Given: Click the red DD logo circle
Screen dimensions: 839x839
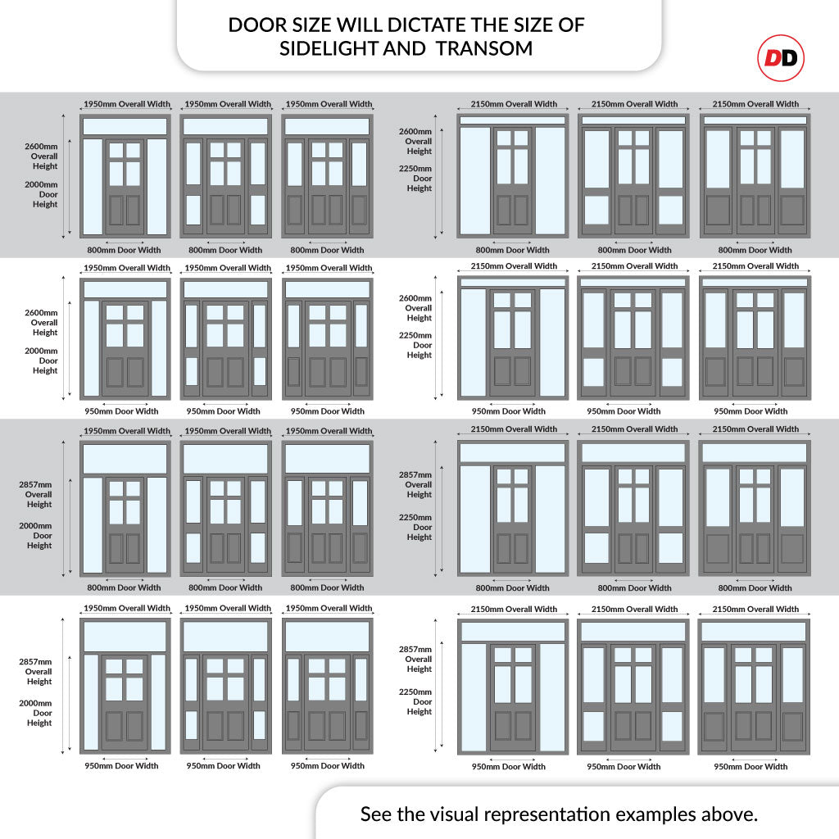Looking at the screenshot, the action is [781, 58].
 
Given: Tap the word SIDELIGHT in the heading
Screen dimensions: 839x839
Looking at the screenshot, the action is [329, 48].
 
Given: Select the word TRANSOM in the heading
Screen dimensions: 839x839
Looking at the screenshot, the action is [484, 48].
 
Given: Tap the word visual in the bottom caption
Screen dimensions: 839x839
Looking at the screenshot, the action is [447, 814].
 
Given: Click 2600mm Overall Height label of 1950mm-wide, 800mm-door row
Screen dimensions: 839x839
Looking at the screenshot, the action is [42, 156].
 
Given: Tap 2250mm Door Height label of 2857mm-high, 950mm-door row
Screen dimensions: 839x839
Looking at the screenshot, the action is [415, 701].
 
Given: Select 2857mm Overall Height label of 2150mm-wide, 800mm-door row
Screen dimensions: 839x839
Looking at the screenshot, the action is [415, 484].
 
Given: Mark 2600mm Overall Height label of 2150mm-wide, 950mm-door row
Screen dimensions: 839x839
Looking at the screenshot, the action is [415, 308].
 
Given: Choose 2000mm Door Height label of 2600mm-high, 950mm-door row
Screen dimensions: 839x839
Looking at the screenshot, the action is [42, 361].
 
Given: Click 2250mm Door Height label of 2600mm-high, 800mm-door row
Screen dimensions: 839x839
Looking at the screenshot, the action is [415, 178].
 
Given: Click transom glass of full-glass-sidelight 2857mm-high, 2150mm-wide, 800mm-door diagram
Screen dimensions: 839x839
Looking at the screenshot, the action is [513, 452].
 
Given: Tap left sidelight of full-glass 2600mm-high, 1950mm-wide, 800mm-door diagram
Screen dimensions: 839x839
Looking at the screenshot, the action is [93, 187].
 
